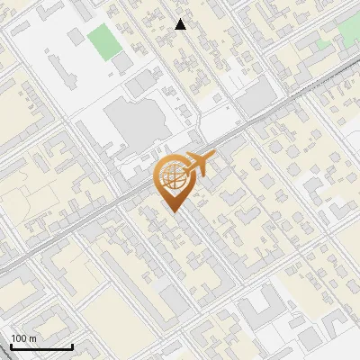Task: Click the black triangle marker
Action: pos(181,24)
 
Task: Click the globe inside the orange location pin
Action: pos(171,177)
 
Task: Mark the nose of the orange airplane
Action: pos(214,157)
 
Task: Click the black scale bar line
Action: pos(41,346)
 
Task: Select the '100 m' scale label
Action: pos(24,337)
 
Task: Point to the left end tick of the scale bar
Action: pos(11,345)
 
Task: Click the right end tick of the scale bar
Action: pos(72,345)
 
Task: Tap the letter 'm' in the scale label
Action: pos(32,337)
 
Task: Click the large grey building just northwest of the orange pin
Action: pos(133,121)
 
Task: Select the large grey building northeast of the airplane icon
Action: pos(258,97)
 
